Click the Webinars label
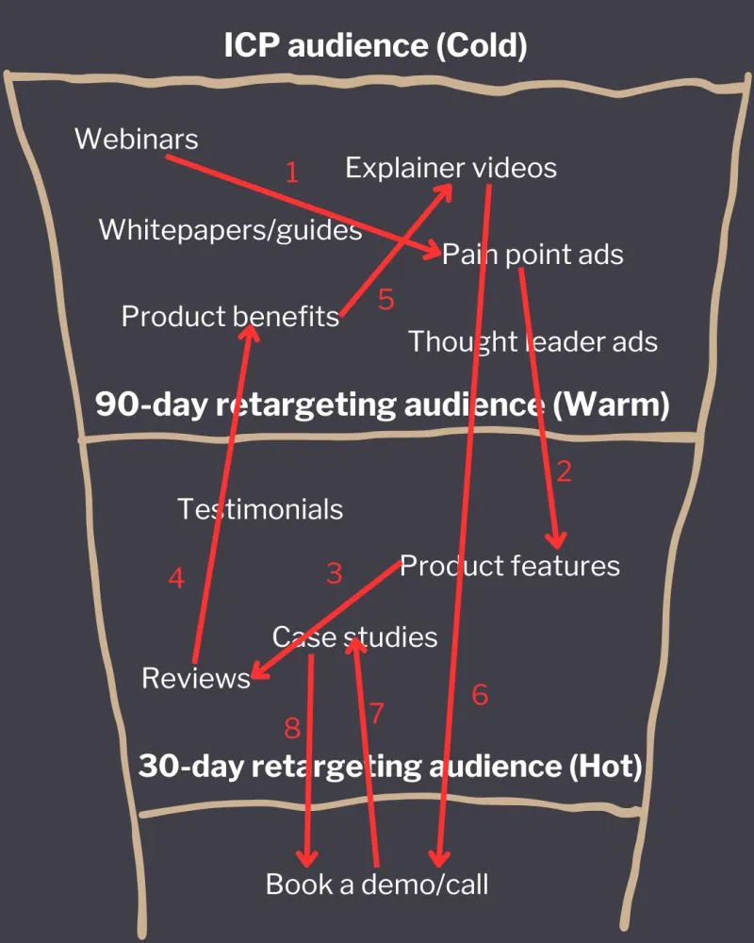tap(137, 139)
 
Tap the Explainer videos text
tap(451, 168)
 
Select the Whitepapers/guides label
tap(230, 229)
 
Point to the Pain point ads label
tap(533, 254)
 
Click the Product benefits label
tap(230, 316)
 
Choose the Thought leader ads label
tap(533, 340)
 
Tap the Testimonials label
tap(260, 509)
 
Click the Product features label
tap(510, 566)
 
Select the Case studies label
tap(354, 637)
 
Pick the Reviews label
tap(196, 678)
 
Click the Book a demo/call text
tap(377, 884)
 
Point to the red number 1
tap(291, 173)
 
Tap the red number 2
tap(564, 471)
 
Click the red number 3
tap(334, 572)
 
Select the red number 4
tap(176, 577)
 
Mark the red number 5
tap(385, 300)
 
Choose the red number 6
tap(480, 695)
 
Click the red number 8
tap(292, 727)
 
